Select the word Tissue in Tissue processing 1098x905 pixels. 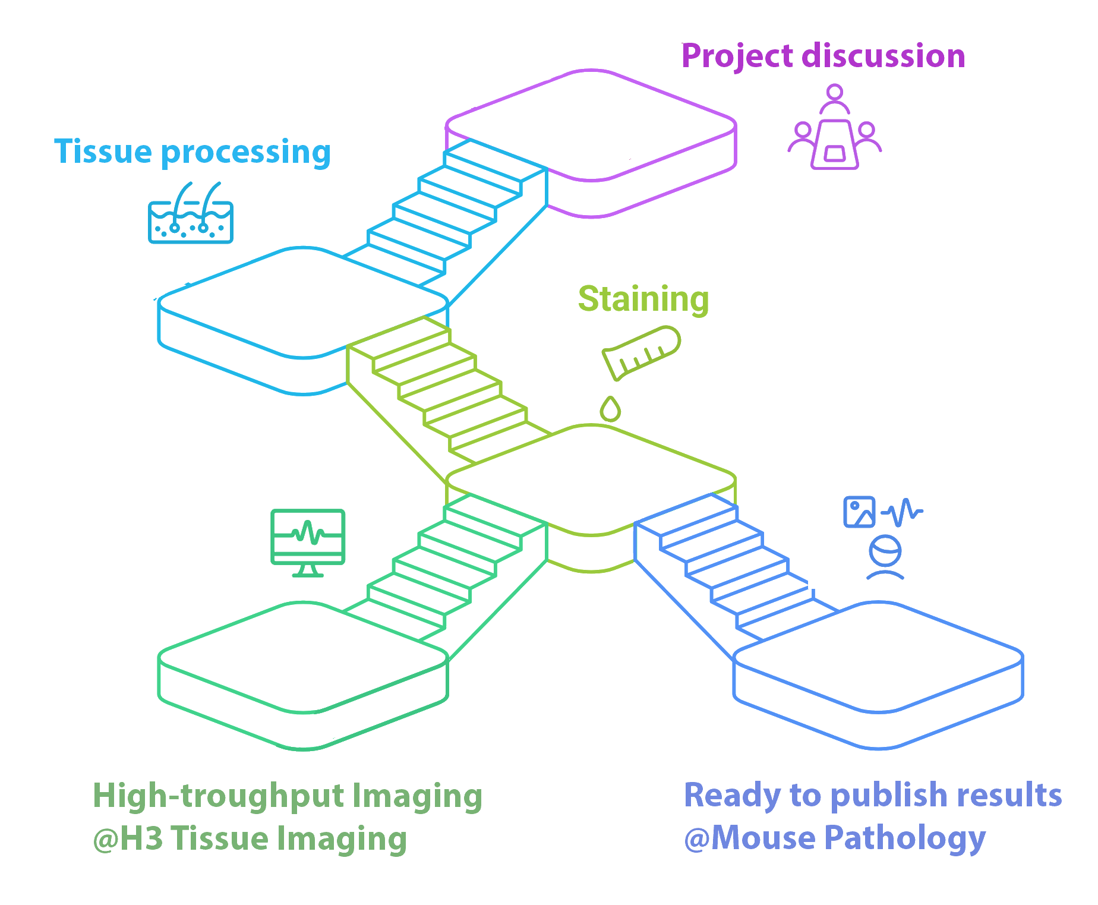[x=103, y=152]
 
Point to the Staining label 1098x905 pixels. [x=643, y=299]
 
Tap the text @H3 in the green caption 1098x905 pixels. [x=128, y=838]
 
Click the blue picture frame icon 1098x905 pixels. [x=859, y=512]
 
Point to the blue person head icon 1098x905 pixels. [x=885, y=551]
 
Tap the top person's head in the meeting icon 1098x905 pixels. [x=835, y=93]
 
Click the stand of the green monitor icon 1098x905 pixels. [x=308, y=570]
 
